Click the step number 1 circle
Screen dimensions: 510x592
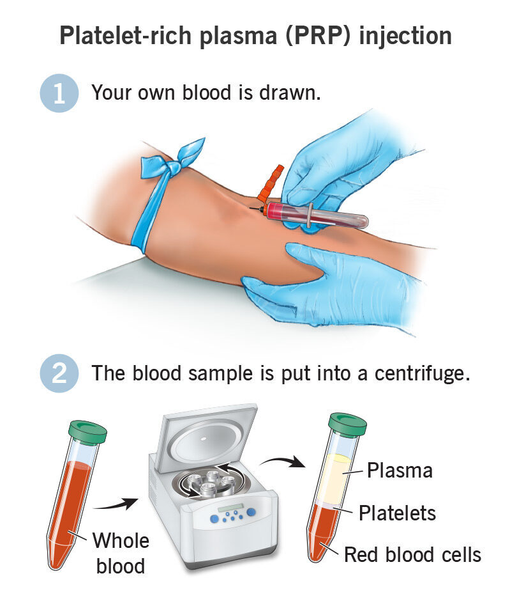[x=59, y=93]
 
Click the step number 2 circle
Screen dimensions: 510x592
[x=59, y=373]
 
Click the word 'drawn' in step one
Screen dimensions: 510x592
[x=290, y=93]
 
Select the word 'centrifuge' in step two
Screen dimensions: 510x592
[x=422, y=374]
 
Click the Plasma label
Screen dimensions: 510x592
[x=400, y=471]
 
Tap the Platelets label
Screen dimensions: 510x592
[x=397, y=513]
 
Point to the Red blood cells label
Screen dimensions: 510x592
[x=413, y=555]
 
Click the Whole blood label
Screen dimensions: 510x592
[x=121, y=553]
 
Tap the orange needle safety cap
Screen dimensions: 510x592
[x=271, y=182]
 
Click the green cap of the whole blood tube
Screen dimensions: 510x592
[x=87, y=432]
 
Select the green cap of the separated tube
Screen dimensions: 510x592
[x=347, y=425]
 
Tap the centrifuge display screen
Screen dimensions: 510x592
[x=230, y=508]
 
